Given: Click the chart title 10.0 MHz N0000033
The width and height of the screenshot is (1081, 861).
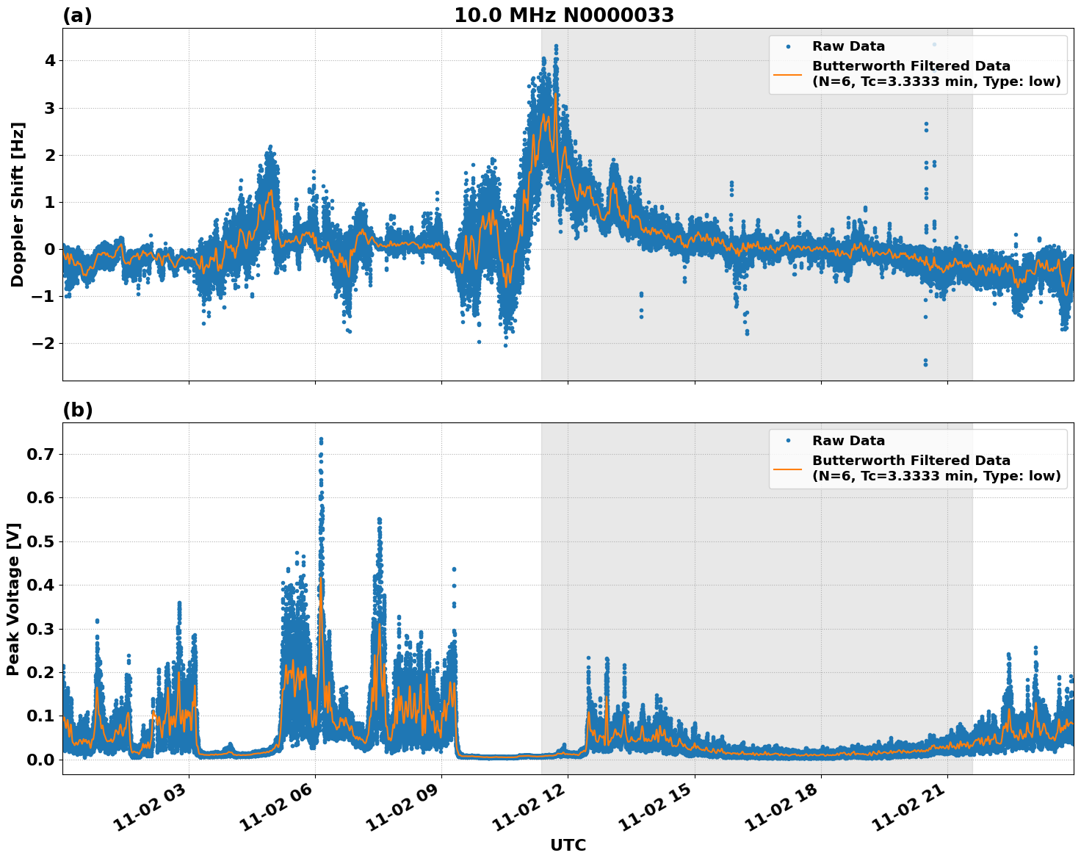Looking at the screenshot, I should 563,15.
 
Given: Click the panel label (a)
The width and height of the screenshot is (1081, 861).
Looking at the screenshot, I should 77,15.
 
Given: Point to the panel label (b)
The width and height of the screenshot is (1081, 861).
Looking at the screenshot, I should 77,410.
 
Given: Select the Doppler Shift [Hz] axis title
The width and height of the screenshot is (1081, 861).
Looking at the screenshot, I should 18,204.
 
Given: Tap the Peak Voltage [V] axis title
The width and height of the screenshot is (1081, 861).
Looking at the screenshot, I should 13,599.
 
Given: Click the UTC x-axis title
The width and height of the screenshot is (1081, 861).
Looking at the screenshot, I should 568,845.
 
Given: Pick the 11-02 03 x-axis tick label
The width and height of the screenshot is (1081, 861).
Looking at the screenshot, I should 156,814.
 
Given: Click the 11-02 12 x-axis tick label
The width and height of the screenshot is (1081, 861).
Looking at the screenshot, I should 535,814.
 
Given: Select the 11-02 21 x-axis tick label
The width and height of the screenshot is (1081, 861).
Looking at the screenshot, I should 914,814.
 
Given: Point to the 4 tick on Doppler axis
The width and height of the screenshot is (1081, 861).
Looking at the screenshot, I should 50,60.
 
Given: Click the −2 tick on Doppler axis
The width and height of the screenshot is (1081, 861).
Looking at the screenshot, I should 46,343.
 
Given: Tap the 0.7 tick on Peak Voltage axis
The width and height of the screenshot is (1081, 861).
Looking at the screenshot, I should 40,454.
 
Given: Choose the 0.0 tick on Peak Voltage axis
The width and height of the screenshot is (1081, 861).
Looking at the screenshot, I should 40,760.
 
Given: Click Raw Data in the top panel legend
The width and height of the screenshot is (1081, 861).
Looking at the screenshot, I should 848,46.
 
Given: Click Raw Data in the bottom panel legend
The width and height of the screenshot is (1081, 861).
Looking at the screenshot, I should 848,441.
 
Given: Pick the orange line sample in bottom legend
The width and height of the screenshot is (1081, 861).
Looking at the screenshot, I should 788,468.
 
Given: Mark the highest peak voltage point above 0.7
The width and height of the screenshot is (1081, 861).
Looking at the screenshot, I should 321,439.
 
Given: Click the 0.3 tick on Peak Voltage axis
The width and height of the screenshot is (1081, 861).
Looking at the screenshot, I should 40,629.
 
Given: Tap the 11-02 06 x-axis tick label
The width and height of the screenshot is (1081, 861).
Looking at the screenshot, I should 282,814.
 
